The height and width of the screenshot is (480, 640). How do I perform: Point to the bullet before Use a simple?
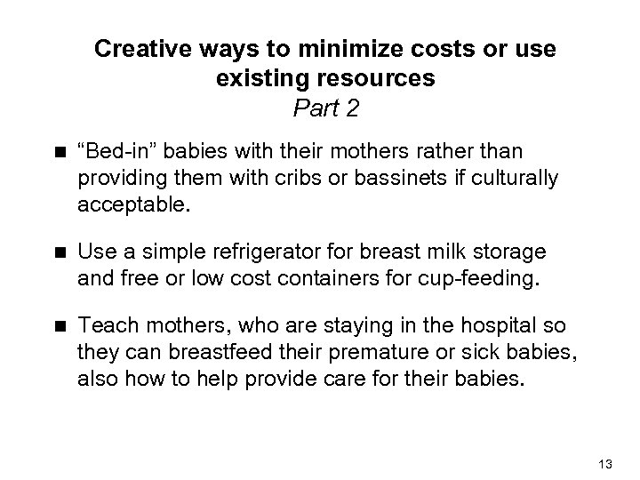[59, 255]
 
